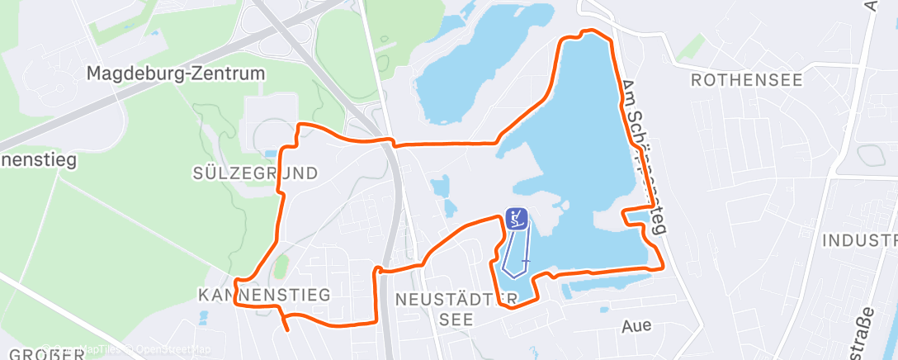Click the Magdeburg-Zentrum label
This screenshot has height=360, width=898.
(177, 73)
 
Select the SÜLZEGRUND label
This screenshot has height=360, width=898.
(255, 173)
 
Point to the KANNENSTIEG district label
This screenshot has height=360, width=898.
(264, 295)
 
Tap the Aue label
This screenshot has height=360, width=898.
(636, 325)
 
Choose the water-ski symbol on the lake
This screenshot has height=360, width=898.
(517, 219)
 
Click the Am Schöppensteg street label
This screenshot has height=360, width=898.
(644, 157)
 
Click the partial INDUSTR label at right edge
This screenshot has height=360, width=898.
(859, 240)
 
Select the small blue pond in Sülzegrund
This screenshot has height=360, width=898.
(271, 154)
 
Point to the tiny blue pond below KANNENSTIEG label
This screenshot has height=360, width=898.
(203, 313)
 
